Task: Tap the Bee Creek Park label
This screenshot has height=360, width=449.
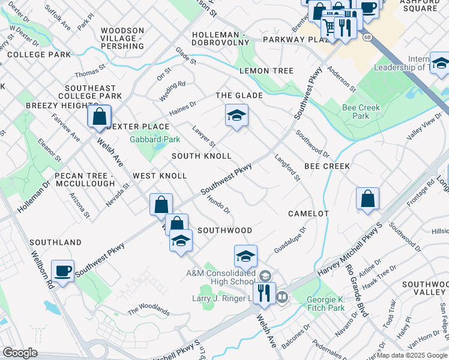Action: tap(356, 112)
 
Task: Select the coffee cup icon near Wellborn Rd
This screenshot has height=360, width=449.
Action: tap(62, 271)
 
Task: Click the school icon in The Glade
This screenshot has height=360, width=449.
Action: tap(237, 116)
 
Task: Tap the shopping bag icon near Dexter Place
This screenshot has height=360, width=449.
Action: tap(99, 116)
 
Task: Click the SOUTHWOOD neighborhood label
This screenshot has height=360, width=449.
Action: tap(224, 230)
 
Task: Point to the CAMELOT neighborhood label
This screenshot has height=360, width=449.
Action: tap(308, 214)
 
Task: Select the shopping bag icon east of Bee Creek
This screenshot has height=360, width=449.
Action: tap(367, 199)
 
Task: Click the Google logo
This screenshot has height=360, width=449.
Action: tap(19, 353)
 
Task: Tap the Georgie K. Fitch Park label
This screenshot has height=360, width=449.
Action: tap(325, 304)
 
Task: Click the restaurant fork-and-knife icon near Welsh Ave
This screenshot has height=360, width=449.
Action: tap(264, 293)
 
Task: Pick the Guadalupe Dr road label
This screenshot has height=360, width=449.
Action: tap(291, 239)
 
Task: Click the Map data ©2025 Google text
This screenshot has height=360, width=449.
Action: tap(412, 355)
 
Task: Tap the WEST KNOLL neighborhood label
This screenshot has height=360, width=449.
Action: tap(160, 176)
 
